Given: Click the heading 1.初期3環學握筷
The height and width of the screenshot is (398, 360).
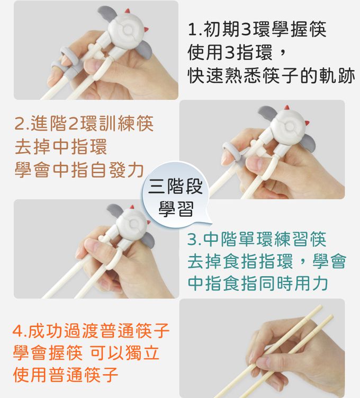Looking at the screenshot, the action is click(257, 29).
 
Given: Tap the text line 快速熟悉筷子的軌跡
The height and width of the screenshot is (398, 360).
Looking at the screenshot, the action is click(271, 75).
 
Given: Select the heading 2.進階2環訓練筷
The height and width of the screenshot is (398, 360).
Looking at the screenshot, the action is click(84, 123).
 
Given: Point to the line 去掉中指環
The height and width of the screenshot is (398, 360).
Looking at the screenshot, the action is click(61, 147).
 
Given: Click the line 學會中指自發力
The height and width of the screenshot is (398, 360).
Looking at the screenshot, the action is click(79, 170).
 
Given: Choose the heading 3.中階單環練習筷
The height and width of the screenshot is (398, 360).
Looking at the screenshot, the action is click(257, 239).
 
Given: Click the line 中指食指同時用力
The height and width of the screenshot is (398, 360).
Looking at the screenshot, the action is click(258, 284).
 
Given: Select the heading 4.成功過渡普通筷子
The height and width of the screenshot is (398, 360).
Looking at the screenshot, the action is click(91, 331).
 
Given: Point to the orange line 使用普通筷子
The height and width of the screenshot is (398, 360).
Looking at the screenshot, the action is click(66, 375).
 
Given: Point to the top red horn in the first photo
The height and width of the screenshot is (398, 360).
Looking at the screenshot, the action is click(128, 11).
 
